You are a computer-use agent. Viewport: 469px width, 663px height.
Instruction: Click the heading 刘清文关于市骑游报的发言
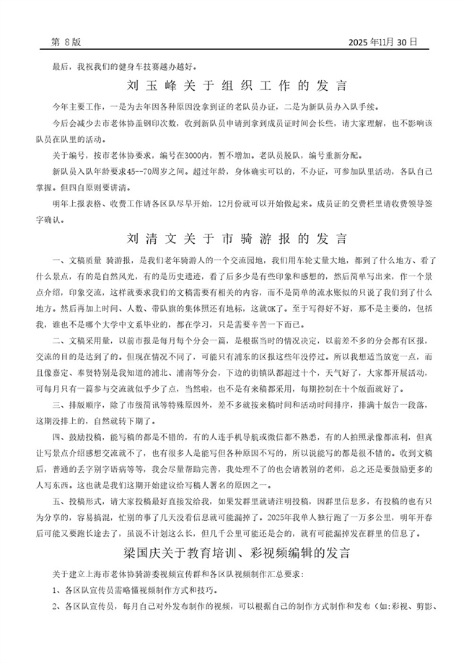(x=236, y=237)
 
